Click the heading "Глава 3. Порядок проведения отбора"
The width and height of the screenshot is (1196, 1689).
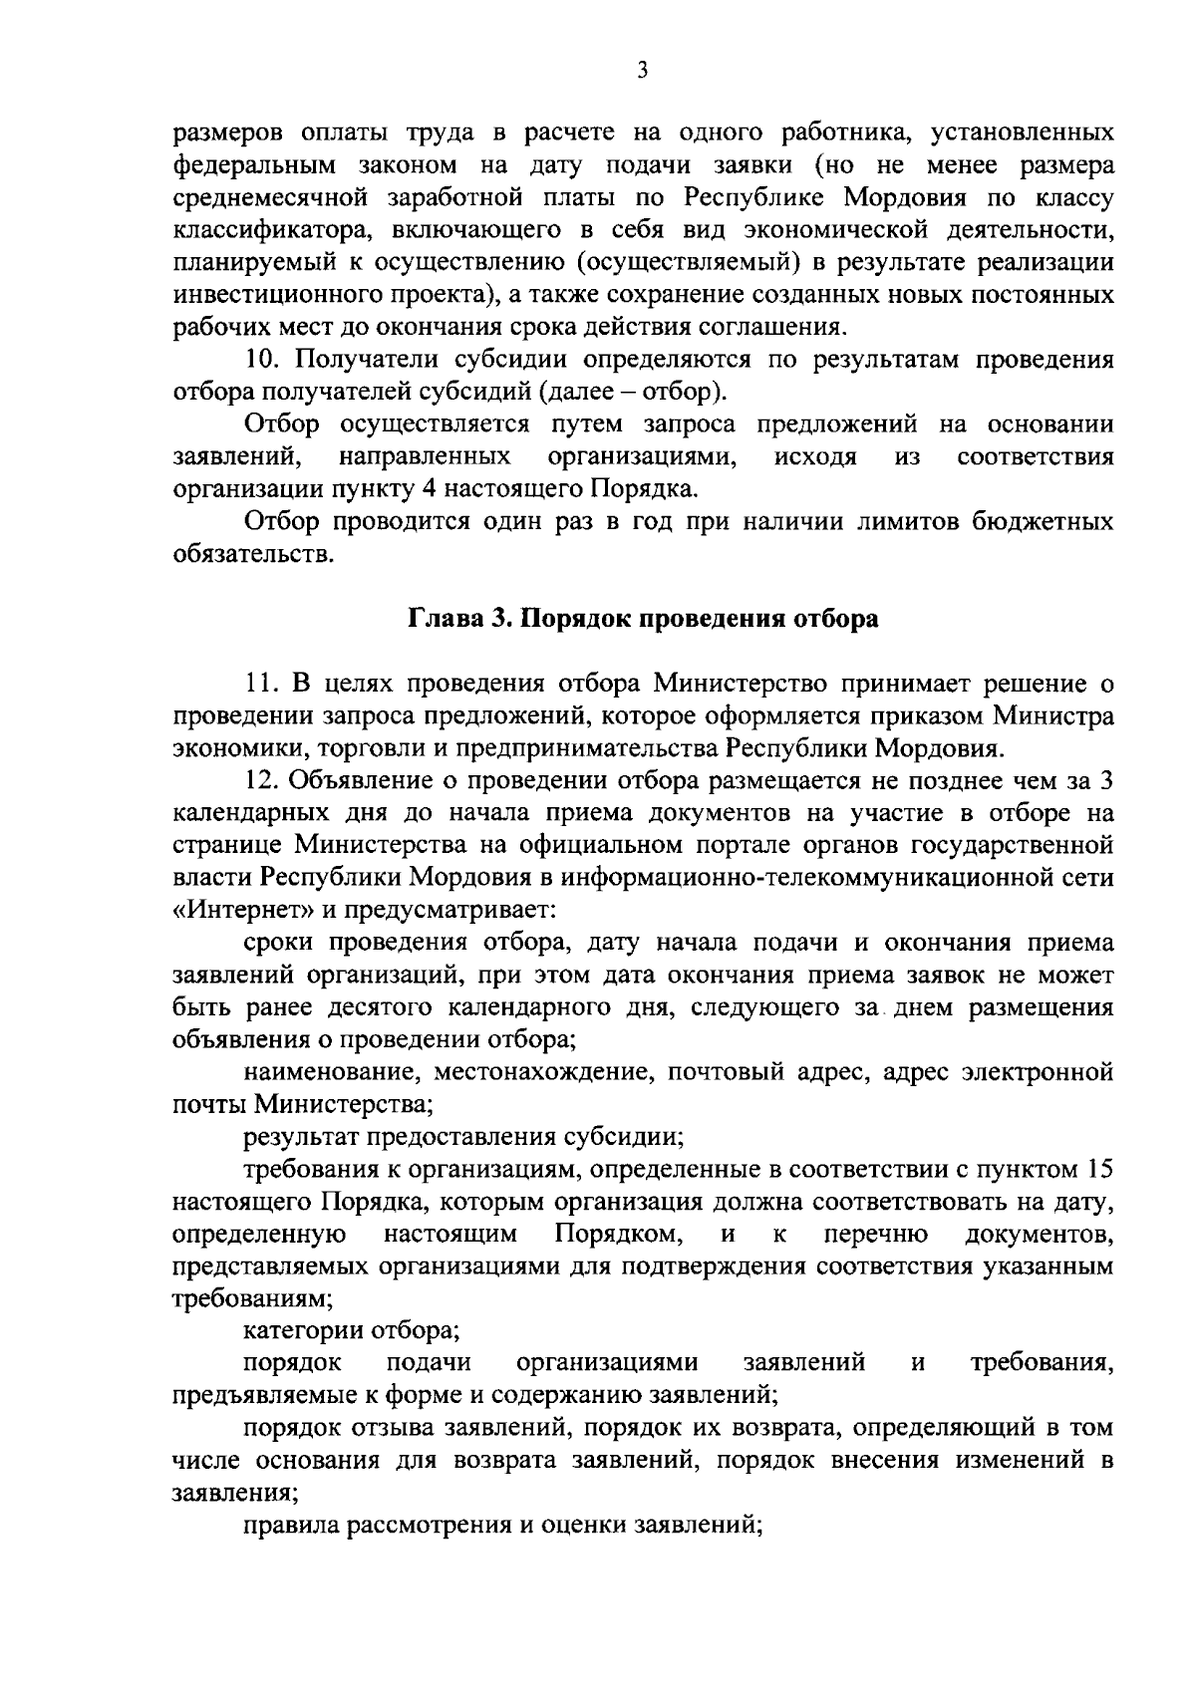(x=644, y=619)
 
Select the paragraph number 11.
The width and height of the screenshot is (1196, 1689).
(x=261, y=684)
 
